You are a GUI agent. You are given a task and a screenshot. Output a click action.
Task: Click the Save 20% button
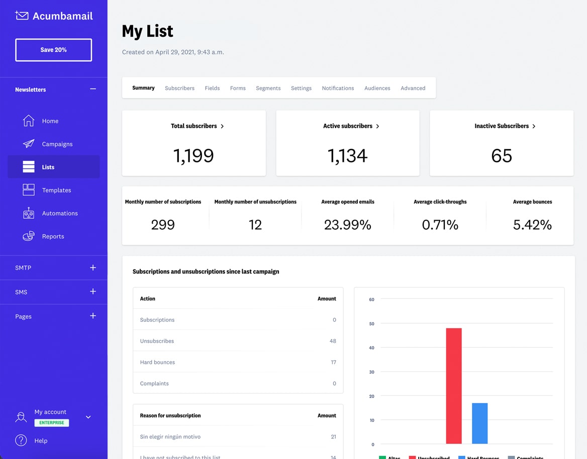coord(53,50)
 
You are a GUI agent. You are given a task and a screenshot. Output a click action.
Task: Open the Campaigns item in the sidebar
coord(57,144)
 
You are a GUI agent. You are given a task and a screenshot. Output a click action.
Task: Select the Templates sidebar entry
coord(56,191)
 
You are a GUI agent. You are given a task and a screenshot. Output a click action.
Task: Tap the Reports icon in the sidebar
coord(29,236)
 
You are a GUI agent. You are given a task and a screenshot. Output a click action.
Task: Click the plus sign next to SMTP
coord(92,268)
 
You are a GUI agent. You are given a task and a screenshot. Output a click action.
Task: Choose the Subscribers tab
coord(179,88)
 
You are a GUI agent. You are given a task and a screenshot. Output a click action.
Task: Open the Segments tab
coord(268,88)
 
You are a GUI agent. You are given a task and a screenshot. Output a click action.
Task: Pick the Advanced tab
coord(413,88)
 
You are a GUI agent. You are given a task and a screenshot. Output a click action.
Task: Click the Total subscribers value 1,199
coord(193,156)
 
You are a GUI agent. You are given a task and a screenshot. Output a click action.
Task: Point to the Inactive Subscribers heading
coord(502,126)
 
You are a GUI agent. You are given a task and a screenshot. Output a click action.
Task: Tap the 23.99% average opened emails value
coord(347,225)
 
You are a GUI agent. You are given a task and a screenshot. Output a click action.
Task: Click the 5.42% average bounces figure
coord(532,225)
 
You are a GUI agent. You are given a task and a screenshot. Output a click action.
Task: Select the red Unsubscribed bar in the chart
coord(453,386)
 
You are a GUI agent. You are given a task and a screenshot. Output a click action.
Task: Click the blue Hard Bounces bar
coord(479,423)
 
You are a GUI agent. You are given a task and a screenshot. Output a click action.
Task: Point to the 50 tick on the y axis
coord(372,324)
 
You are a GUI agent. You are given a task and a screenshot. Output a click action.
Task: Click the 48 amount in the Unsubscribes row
coord(333,341)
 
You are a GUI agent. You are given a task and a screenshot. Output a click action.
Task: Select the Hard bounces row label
coord(157,362)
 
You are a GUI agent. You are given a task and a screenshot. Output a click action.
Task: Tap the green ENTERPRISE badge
coord(52,423)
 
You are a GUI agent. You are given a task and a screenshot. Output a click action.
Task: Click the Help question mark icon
coord(21,440)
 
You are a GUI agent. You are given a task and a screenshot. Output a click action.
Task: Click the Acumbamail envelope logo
coord(22,16)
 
